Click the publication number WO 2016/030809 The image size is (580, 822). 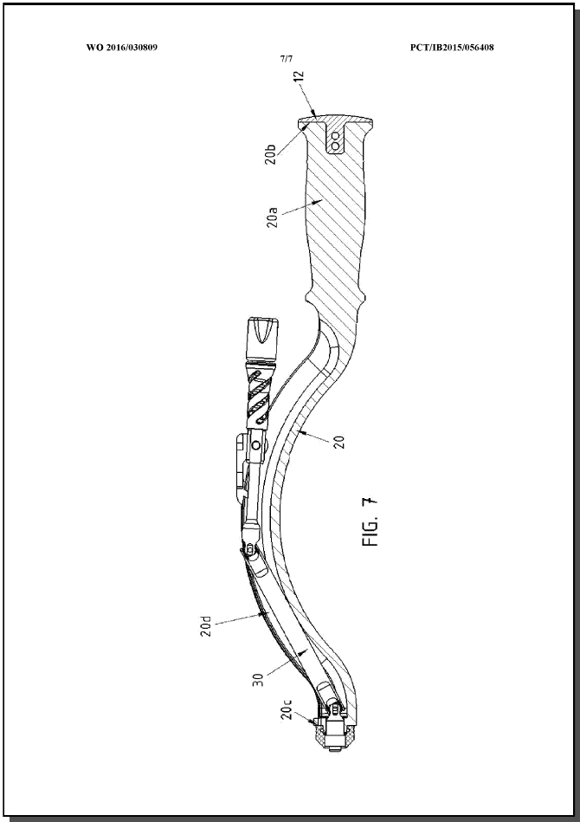(x=121, y=47)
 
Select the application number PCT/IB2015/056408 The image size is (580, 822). (x=452, y=47)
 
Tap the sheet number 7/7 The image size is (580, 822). (x=287, y=59)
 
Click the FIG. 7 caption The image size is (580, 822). (x=370, y=521)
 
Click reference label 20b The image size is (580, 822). (x=270, y=154)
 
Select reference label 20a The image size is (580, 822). (x=272, y=217)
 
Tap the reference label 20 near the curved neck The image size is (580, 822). (x=340, y=443)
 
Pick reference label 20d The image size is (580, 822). (x=205, y=626)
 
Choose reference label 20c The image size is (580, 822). (x=286, y=709)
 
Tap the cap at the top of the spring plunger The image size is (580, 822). (x=261, y=338)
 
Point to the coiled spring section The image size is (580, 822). (x=258, y=396)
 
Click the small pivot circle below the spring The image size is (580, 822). (x=255, y=445)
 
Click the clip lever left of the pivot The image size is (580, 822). (x=242, y=469)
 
